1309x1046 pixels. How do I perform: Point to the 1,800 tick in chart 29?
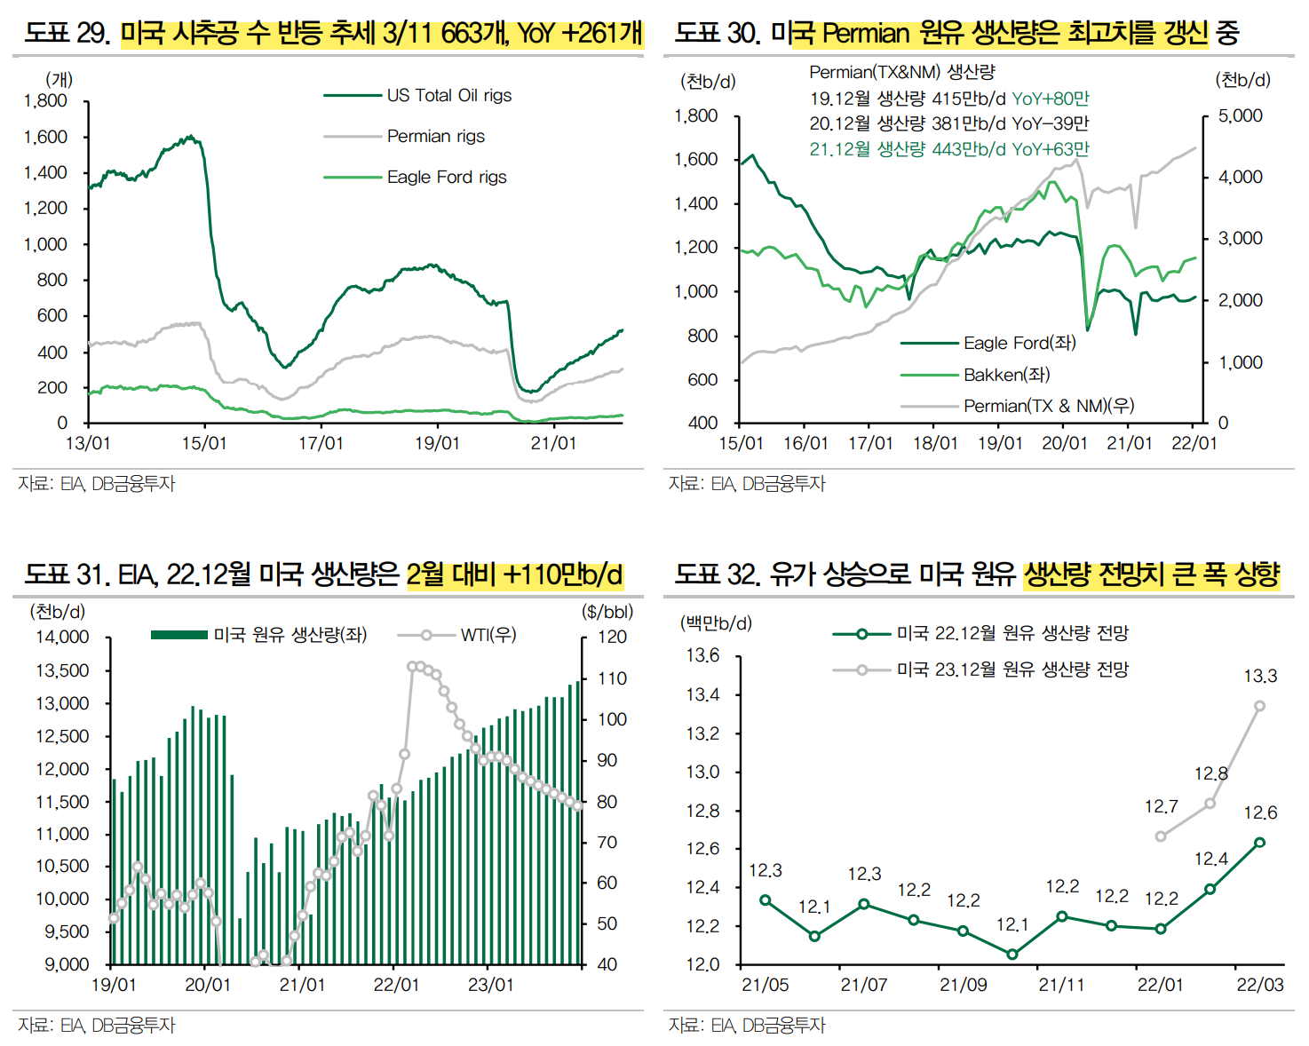[45, 100]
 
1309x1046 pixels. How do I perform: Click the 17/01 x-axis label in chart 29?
[321, 442]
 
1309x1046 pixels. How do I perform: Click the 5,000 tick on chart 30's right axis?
[1240, 115]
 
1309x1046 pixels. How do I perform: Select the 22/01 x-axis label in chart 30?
[1194, 442]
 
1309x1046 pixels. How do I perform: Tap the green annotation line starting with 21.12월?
[948, 149]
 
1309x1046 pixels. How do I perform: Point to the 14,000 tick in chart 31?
[62, 637]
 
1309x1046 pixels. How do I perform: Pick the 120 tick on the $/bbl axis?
[612, 637]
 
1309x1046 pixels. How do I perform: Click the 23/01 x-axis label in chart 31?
[490, 985]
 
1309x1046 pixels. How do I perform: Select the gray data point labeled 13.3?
[1259, 706]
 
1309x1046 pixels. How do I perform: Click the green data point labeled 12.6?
[1259, 842]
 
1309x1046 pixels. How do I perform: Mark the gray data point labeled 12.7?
[1161, 836]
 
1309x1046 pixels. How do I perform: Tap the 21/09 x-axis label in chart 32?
[963, 985]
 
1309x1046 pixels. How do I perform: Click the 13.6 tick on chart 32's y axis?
[702, 655]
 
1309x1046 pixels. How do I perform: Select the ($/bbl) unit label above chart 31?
[607, 612]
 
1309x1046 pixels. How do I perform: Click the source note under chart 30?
[747, 484]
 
